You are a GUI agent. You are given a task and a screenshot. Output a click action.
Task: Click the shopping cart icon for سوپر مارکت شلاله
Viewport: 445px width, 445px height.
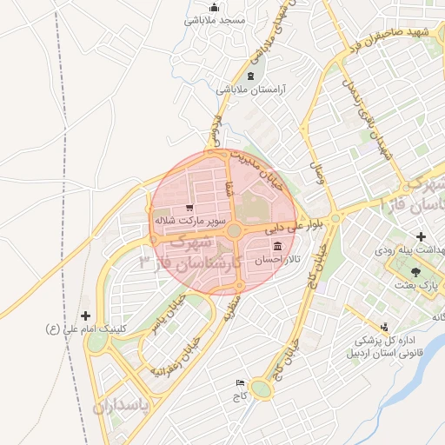click(x=189, y=208)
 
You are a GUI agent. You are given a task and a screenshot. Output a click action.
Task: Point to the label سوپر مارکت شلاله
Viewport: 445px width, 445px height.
click(x=183, y=222)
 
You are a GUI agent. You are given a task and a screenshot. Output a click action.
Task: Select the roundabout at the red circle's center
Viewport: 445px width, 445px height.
click(x=233, y=231)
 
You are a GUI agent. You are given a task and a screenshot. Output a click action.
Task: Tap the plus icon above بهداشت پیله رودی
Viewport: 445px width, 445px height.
click(x=421, y=236)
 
